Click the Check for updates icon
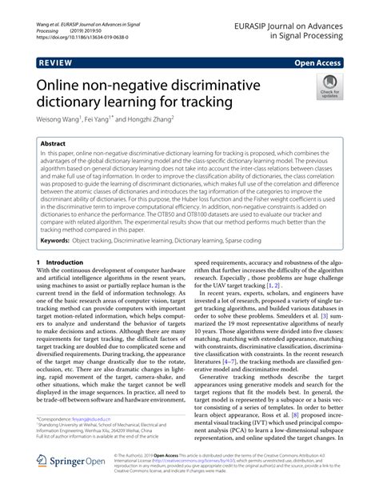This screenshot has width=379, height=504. [x=328, y=87]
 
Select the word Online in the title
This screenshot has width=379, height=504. [x=62, y=85]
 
